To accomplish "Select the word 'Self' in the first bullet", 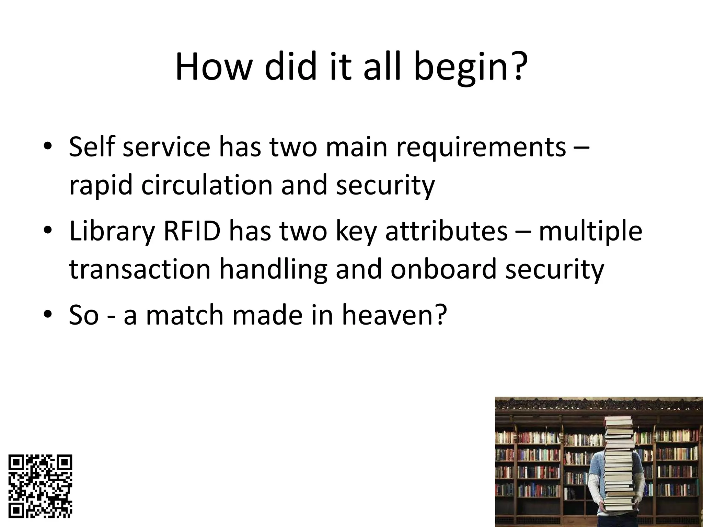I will pyautogui.click(x=91, y=147).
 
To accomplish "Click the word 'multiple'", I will pyautogui.click(x=590, y=232).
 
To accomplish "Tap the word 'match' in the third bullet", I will pyautogui.click(x=185, y=315).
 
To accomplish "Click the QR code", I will pyautogui.click(x=41, y=486).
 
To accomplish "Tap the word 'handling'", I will pyautogui.click(x=273, y=270).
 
